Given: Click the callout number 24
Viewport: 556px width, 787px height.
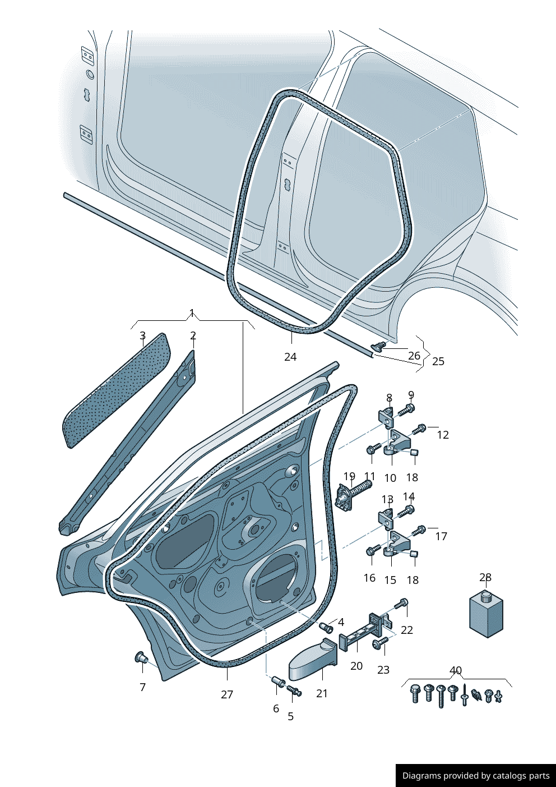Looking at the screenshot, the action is (x=290, y=357).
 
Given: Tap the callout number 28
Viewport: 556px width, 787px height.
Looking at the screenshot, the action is (x=485, y=577).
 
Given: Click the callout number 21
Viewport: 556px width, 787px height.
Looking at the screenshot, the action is (x=322, y=693).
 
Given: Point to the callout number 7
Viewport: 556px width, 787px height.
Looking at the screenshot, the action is (x=142, y=687).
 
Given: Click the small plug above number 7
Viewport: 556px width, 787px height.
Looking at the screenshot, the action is (x=141, y=657).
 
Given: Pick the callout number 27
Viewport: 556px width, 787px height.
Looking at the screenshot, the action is (x=227, y=694).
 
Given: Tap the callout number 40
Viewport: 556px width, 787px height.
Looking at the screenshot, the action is (x=456, y=670).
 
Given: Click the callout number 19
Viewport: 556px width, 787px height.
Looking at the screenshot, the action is (x=349, y=476).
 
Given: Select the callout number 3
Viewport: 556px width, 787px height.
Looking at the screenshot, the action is (x=142, y=335).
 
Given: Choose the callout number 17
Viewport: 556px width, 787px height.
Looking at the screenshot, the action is (x=441, y=536).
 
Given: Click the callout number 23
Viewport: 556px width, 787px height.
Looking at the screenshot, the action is (x=383, y=670).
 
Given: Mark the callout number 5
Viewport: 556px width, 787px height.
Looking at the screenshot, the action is (x=291, y=716).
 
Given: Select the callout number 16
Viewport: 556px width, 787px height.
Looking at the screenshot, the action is (x=369, y=578).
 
